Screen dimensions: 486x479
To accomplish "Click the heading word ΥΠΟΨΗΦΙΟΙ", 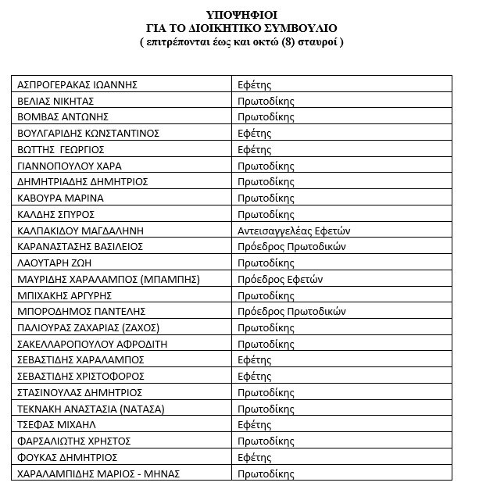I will (x=241, y=14).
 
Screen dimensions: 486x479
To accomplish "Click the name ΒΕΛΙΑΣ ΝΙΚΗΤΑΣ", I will (x=55, y=102).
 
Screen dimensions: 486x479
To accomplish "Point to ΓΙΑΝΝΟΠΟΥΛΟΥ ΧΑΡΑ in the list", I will (x=69, y=166).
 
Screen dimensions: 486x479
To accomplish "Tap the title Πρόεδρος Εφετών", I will (x=281, y=279).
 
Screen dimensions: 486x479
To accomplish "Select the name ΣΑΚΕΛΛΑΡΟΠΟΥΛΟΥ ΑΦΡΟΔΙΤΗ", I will (x=92, y=344).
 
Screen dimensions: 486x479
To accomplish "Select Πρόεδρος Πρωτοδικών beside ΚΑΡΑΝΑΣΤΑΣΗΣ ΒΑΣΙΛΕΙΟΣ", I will (x=291, y=246).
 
